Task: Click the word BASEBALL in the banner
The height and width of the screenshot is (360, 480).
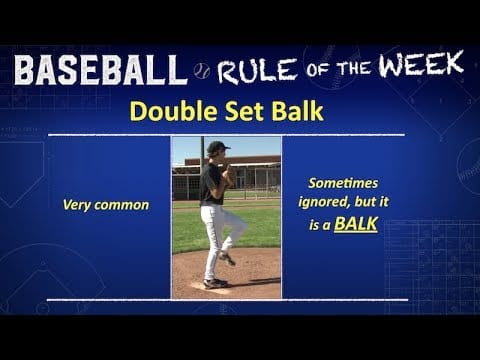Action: click(99, 70)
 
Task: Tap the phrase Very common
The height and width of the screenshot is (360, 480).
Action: click(106, 204)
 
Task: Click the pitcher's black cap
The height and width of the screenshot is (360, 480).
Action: click(215, 146)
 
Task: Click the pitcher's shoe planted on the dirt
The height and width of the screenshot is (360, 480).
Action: click(214, 284)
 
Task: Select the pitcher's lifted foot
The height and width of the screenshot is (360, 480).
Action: click(229, 258)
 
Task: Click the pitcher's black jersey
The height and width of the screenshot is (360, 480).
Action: click(211, 185)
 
